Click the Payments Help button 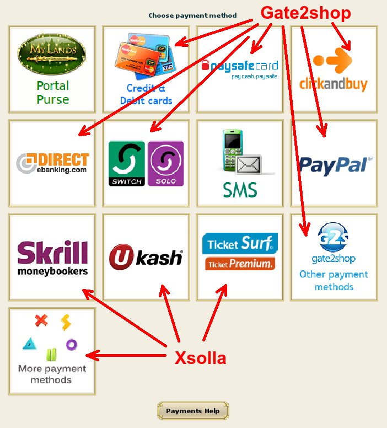coord(193,411)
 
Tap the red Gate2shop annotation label coord(305,13)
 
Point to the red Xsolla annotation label coord(200,359)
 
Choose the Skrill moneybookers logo coord(52,257)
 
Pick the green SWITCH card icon coord(126,163)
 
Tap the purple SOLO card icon coord(166,163)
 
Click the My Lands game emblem coord(52,54)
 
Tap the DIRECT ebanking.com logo coord(52,163)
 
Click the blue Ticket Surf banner coord(240,244)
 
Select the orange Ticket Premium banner coord(240,264)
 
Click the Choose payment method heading coord(192,15)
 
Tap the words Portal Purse coord(52,93)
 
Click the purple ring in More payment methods coord(72,345)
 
